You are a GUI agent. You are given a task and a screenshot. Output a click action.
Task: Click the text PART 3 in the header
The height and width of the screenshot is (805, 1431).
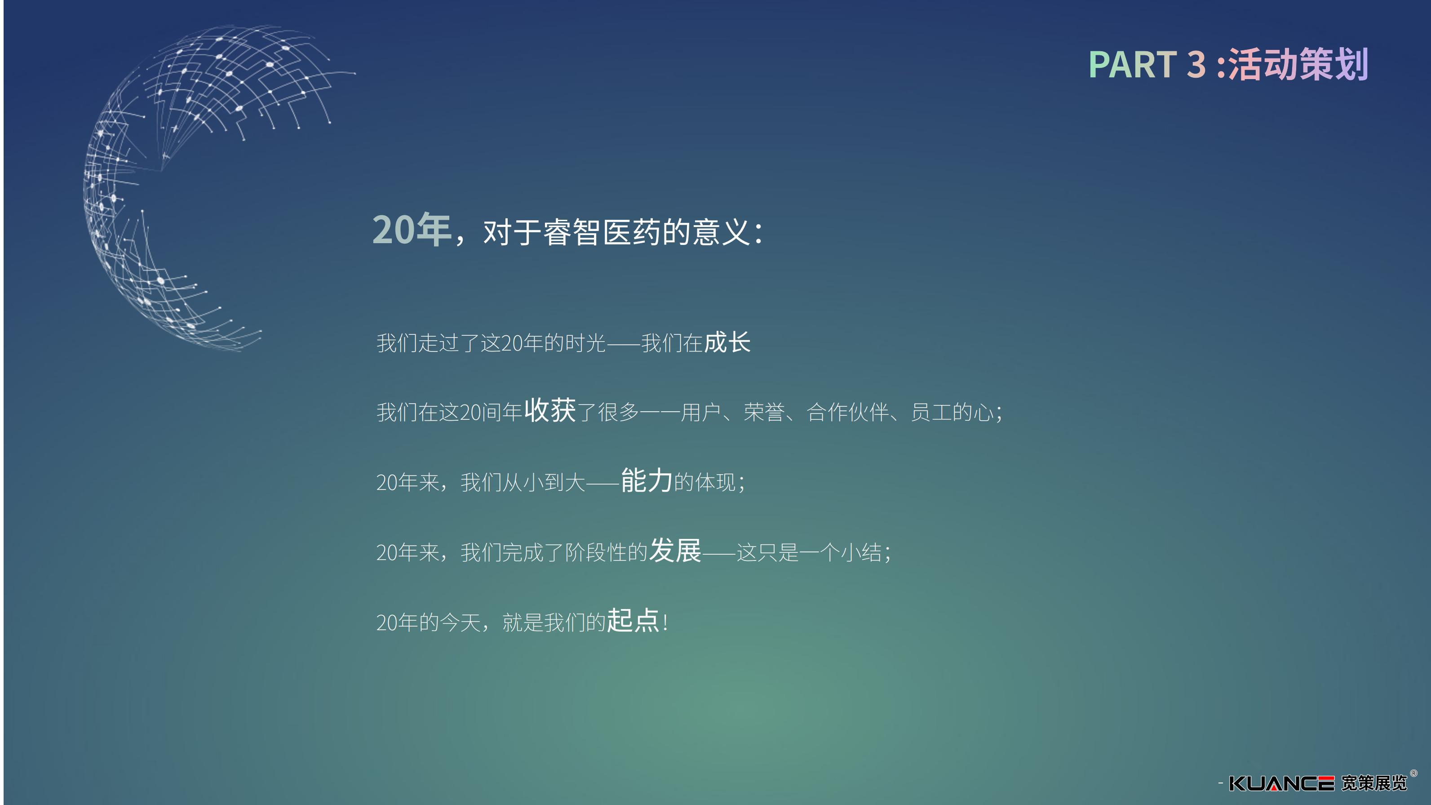[x=1147, y=64]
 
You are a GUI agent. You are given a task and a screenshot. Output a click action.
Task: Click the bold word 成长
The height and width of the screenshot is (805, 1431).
[x=727, y=342]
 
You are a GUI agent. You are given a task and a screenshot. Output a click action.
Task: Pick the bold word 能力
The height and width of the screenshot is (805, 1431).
[x=647, y=480]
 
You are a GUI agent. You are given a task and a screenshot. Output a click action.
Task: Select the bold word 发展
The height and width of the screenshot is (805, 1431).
[x=675, y=551]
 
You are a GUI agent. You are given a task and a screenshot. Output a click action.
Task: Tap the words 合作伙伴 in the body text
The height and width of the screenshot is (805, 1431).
[x=848, y=412]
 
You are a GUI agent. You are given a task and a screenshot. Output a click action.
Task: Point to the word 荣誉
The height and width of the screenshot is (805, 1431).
[x=764, y=412]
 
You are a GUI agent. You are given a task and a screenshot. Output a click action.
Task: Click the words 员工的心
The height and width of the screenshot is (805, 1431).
[x=952, y=412]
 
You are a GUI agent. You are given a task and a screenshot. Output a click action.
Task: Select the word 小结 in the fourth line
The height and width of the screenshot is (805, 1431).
[x=861, y=553]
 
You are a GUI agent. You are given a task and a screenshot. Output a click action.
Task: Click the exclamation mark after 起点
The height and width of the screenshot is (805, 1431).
[x=665, y=622]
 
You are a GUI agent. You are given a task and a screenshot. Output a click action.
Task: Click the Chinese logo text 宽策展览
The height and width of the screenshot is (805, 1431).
[x=1374, y=783]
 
